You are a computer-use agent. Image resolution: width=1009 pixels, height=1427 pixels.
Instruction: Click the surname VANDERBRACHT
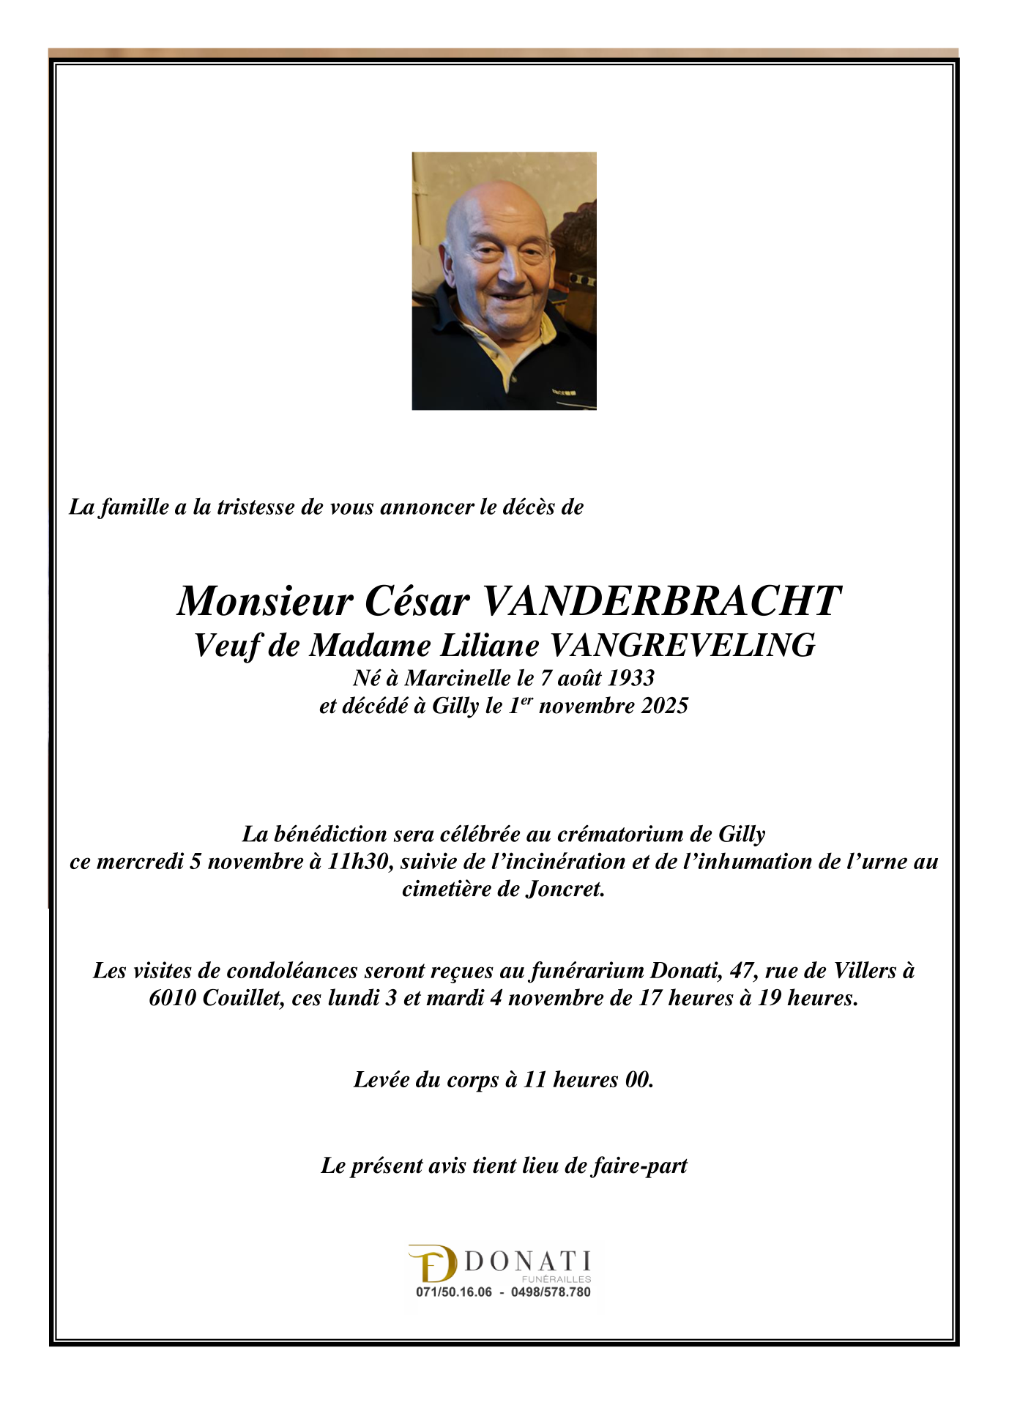coord(661,602)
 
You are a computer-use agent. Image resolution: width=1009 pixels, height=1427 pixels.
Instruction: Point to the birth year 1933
coord(631,678)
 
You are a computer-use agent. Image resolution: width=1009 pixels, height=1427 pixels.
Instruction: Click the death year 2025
coord(665,706)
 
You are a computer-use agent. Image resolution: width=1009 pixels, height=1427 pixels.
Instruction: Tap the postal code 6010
coord(172,998)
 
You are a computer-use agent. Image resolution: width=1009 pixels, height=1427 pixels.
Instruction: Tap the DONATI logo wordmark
coord(527,1262)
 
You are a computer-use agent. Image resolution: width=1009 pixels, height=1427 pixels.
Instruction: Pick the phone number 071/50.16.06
coord(454,1292)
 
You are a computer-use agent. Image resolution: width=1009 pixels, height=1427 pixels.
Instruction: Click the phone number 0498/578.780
coord(551,1292)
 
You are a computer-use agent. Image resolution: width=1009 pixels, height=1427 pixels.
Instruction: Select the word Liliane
coord(489,646)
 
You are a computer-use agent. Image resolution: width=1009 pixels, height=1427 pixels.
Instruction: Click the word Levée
coord(384,1079)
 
